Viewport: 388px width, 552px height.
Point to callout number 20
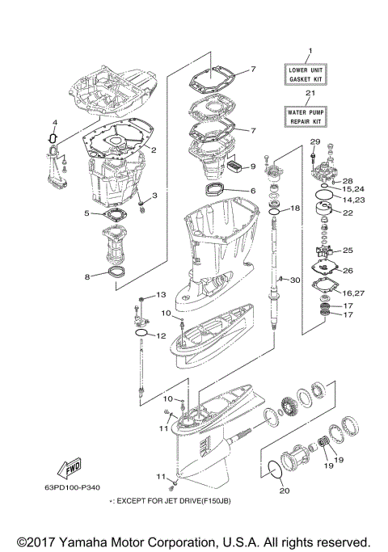coord(283,489)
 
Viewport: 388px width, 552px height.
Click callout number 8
coord(88,276)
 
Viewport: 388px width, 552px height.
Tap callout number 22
coord(349,213)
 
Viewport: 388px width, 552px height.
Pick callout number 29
coord(315,143)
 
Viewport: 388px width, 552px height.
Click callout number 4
coord(54,124)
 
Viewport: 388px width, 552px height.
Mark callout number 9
coord(252,166)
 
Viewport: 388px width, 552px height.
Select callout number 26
coord(349,271)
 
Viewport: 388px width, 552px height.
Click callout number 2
coord(153,150)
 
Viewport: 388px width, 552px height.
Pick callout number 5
coord(86,213)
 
